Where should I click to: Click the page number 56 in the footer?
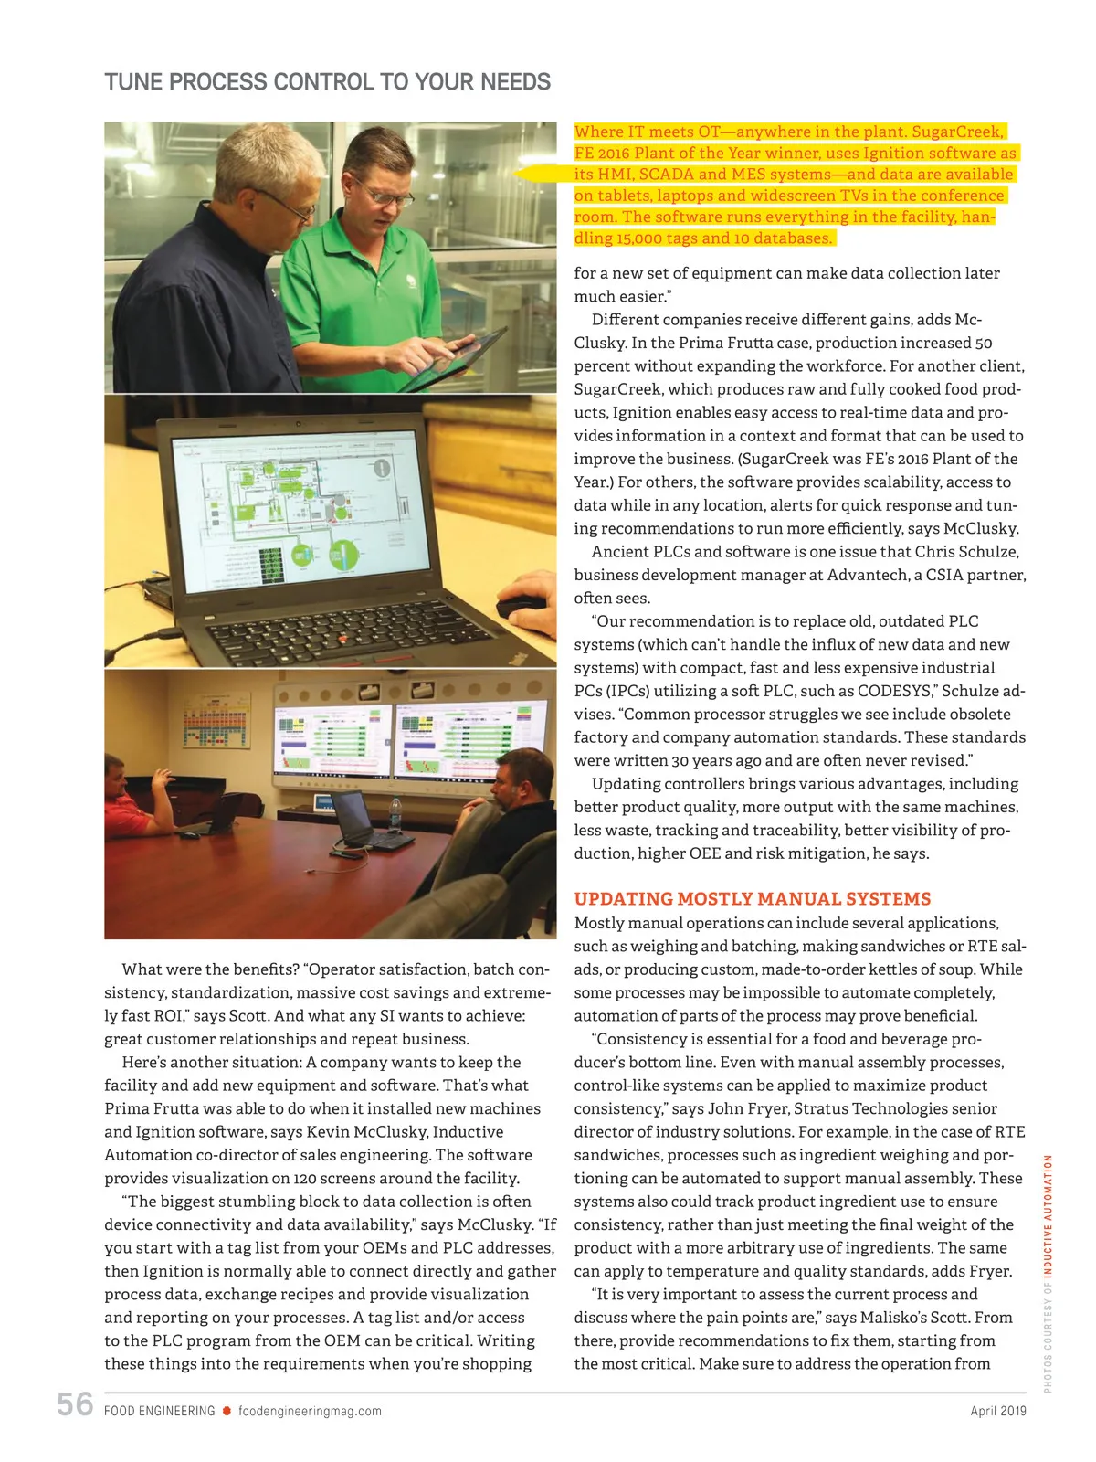pyautogui.click(x=75, y=1404)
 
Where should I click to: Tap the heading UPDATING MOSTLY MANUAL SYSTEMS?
pyautogui.click(x=753, y=899)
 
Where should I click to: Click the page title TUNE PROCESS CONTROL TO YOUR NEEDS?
pyautogui.click(x=327, y=82)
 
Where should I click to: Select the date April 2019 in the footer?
pyautogui.click(x=998, y=1411)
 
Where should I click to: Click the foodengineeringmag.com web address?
pyautogui.click(x=310, y=1411)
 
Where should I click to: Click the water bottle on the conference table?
pyautogui.click(x=395, y=817)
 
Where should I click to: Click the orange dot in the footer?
pyautogui.click(x=227, y=1411)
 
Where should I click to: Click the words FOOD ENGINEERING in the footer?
pyautogui.click(x=160, y=1411)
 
